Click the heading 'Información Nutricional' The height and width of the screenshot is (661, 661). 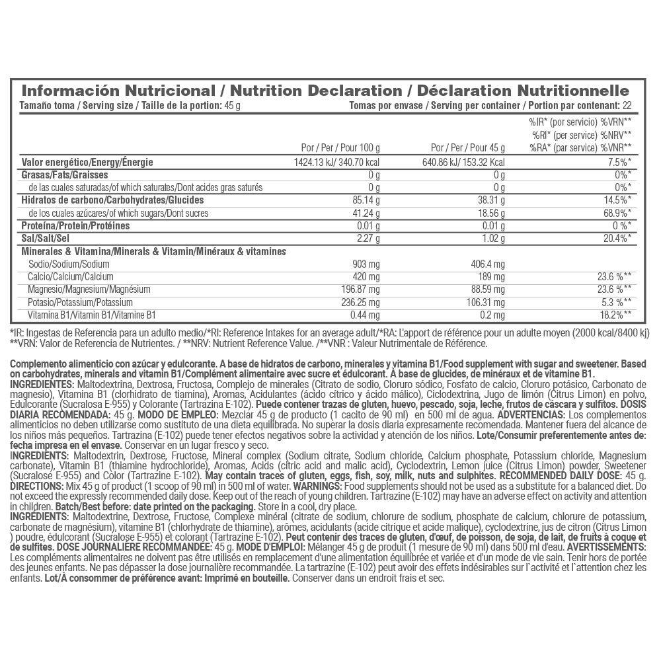[x=119, y=91]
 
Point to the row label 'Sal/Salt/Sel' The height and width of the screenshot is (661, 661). [x=46, y=238]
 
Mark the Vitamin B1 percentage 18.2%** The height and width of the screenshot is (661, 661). [x=614, y=315]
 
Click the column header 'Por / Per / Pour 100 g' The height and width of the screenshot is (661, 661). [x=340, y=147]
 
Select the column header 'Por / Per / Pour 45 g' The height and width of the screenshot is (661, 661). [x=467, y=147]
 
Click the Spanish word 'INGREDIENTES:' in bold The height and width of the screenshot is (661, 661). [x=43, y=384]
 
